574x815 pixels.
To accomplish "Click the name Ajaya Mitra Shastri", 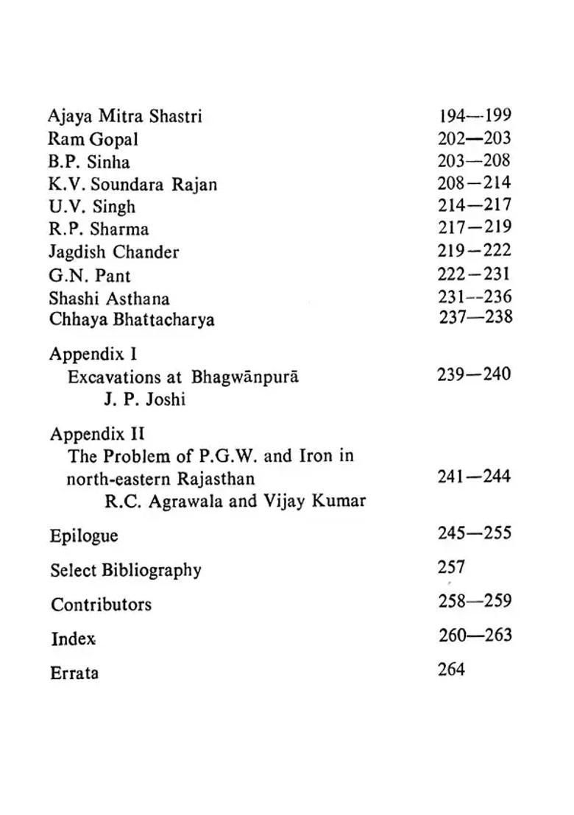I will coord(124,116).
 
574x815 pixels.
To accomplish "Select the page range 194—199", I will coord(475,115).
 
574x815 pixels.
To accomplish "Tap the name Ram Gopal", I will coord(93,139).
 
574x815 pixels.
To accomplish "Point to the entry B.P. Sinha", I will coord(89,162).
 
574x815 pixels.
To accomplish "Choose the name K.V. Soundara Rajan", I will coord(132,184).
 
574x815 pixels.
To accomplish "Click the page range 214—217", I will coord(474,205).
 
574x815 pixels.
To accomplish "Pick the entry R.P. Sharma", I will coord(99,229).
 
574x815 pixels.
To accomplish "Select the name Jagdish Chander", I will coord(113,252).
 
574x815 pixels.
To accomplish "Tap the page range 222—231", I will coord(474,274).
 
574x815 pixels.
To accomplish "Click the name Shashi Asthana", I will coord(109,298).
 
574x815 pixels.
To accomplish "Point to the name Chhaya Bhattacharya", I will coord(132,320).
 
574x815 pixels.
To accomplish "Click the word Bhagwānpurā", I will coord(245,377).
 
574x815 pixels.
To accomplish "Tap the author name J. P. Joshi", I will coord(144,400).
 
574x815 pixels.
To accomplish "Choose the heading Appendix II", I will coord(97,433).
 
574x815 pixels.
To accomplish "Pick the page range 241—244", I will coord(473,477).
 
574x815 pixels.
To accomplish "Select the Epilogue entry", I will coord(83,535).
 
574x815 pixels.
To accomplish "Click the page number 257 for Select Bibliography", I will coord(451,567).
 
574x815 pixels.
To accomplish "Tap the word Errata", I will coord(74,672).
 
